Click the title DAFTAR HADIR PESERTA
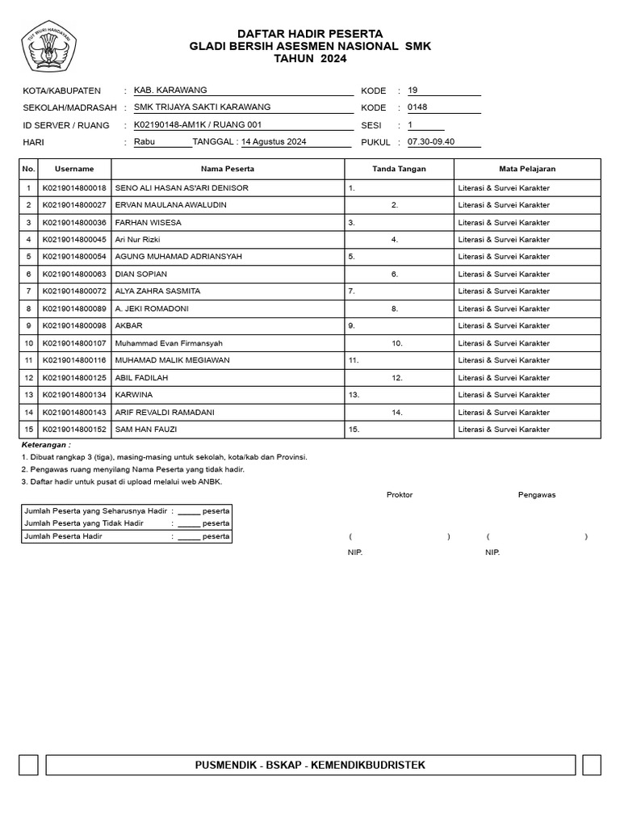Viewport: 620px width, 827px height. (310, 33)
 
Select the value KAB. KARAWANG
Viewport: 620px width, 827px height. (170, 90)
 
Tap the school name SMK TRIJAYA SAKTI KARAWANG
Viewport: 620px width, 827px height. (202, 107)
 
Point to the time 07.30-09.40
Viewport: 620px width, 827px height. (431, 142)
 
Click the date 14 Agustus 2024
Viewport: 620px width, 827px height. (274, 142)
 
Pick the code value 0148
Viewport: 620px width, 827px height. (417, 107)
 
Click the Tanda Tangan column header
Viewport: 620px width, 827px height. (399, 170)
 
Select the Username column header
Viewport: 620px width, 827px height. (74, 170)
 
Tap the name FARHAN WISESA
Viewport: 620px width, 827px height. (149, 223)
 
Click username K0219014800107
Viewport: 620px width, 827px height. (74, 343)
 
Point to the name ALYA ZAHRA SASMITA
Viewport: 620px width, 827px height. (158, 292)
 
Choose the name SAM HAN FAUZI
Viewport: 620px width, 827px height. (146, 430)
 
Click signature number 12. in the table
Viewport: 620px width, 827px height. (397, 378)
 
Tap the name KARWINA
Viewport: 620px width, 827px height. (134, 395)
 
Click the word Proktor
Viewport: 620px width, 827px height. (400, 495)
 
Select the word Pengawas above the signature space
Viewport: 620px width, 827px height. (537, 495)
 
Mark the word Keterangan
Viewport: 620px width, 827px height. (45, 445)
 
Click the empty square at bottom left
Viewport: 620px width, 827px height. (28, 765)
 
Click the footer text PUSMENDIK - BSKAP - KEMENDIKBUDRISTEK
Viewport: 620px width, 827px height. (310, 765)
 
